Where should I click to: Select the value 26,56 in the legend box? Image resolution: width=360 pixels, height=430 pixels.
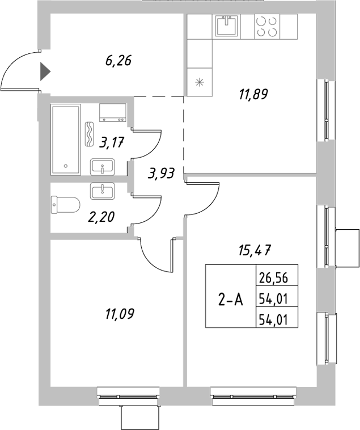[x=274, y=278]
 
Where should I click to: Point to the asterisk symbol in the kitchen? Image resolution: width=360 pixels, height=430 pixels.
[x=198, y=82]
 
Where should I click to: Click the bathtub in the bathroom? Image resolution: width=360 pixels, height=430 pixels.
[x=66, y=140]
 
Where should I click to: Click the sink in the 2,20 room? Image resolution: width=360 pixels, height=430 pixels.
[x=103, y=191]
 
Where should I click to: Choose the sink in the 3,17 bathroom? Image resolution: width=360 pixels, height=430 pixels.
[x=103, y=167]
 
